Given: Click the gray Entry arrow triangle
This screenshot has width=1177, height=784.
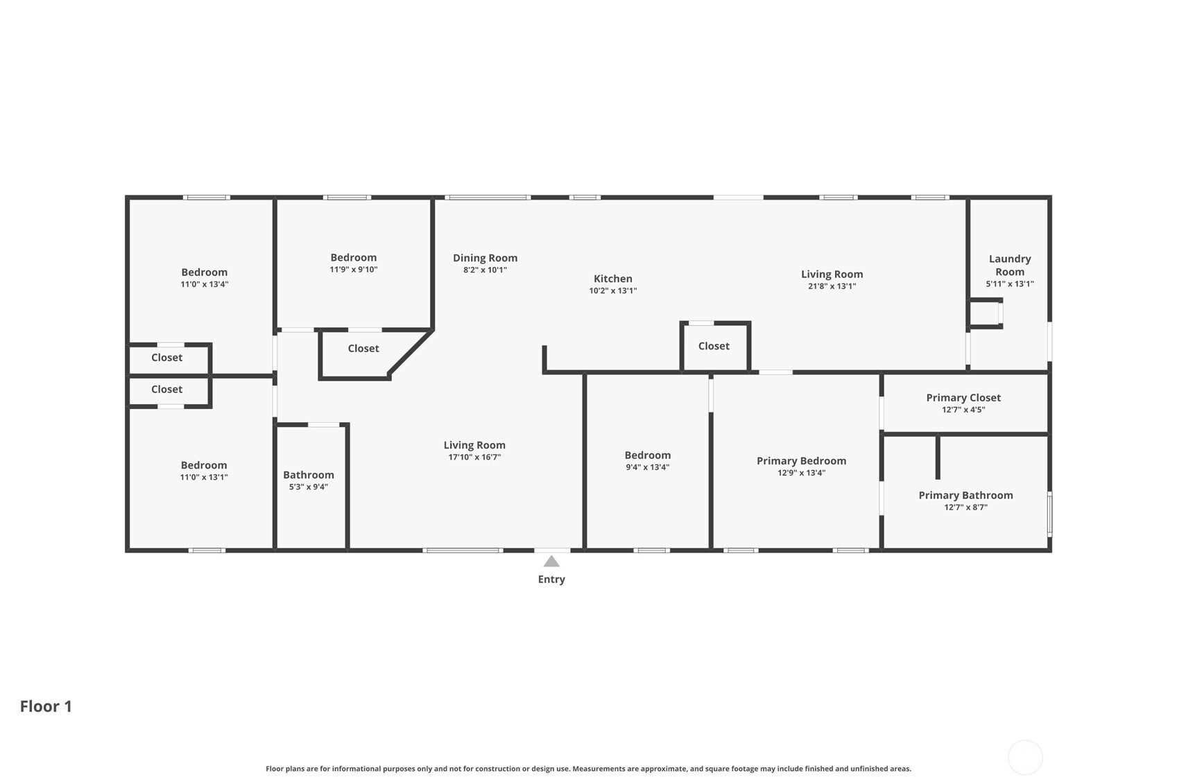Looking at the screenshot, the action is point(551,561).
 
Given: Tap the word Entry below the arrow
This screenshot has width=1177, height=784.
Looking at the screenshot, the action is point(551,580).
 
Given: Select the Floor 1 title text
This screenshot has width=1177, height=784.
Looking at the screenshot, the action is point(46,706).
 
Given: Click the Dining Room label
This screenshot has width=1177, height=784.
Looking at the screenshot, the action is point(485,258).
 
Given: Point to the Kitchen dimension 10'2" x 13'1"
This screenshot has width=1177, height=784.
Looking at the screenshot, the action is point(612,290).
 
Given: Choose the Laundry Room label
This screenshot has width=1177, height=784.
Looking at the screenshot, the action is point(1010,265).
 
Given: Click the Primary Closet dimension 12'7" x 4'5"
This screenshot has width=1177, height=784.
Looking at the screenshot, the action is point(963,410).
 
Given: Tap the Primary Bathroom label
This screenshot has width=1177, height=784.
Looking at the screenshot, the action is point(965,495).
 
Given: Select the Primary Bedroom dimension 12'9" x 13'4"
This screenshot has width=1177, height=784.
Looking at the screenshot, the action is point(801,473).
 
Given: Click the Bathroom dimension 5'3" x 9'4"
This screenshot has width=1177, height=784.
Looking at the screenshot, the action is point(309,487).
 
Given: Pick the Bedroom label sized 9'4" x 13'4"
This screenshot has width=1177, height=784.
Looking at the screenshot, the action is point(647,455).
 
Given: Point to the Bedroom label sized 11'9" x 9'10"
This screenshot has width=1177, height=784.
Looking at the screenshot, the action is point(353,257).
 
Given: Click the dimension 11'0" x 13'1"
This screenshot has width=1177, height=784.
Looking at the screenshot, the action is point(204,478).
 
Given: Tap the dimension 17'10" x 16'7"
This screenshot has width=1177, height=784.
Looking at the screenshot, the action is point(474,457).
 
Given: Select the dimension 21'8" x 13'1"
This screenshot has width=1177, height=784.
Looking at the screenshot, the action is point(832,286).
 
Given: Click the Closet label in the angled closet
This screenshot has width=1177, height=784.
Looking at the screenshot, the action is point(363,348).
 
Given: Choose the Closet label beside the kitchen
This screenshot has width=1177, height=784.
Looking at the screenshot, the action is point(714,346).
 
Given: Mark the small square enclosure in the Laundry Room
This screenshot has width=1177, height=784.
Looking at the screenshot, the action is point(985,313).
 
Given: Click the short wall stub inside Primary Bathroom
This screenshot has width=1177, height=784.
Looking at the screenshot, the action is point(938,457).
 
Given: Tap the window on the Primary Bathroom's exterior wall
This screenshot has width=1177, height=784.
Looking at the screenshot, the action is point(1049,514).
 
